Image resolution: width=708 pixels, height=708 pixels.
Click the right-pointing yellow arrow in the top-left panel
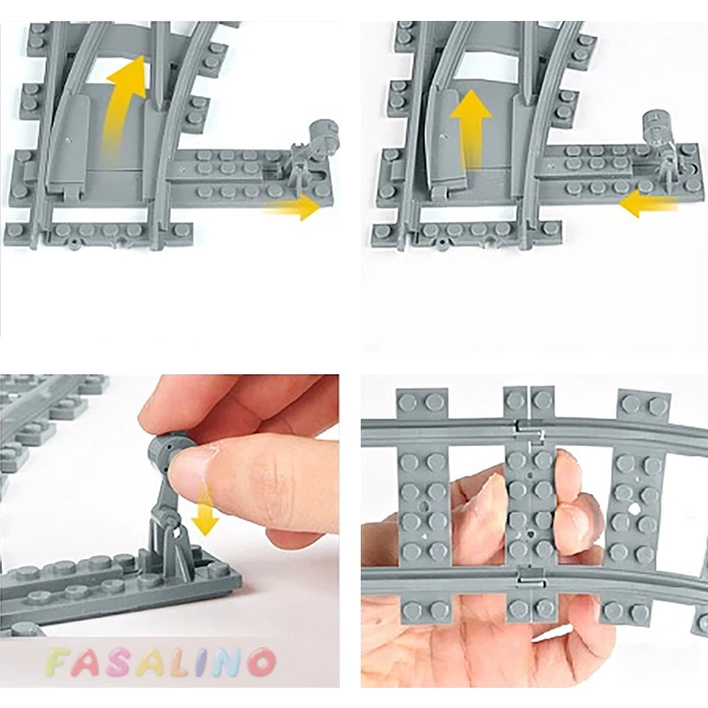(x=292, y=208)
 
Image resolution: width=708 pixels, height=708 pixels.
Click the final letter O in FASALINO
(x=261, y=663)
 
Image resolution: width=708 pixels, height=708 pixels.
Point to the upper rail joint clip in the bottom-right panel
(x=530, y=425)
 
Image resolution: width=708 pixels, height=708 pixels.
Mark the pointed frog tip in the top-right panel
(x=526, y=96)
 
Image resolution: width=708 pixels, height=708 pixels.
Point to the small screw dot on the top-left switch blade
(x=67, y=140)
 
